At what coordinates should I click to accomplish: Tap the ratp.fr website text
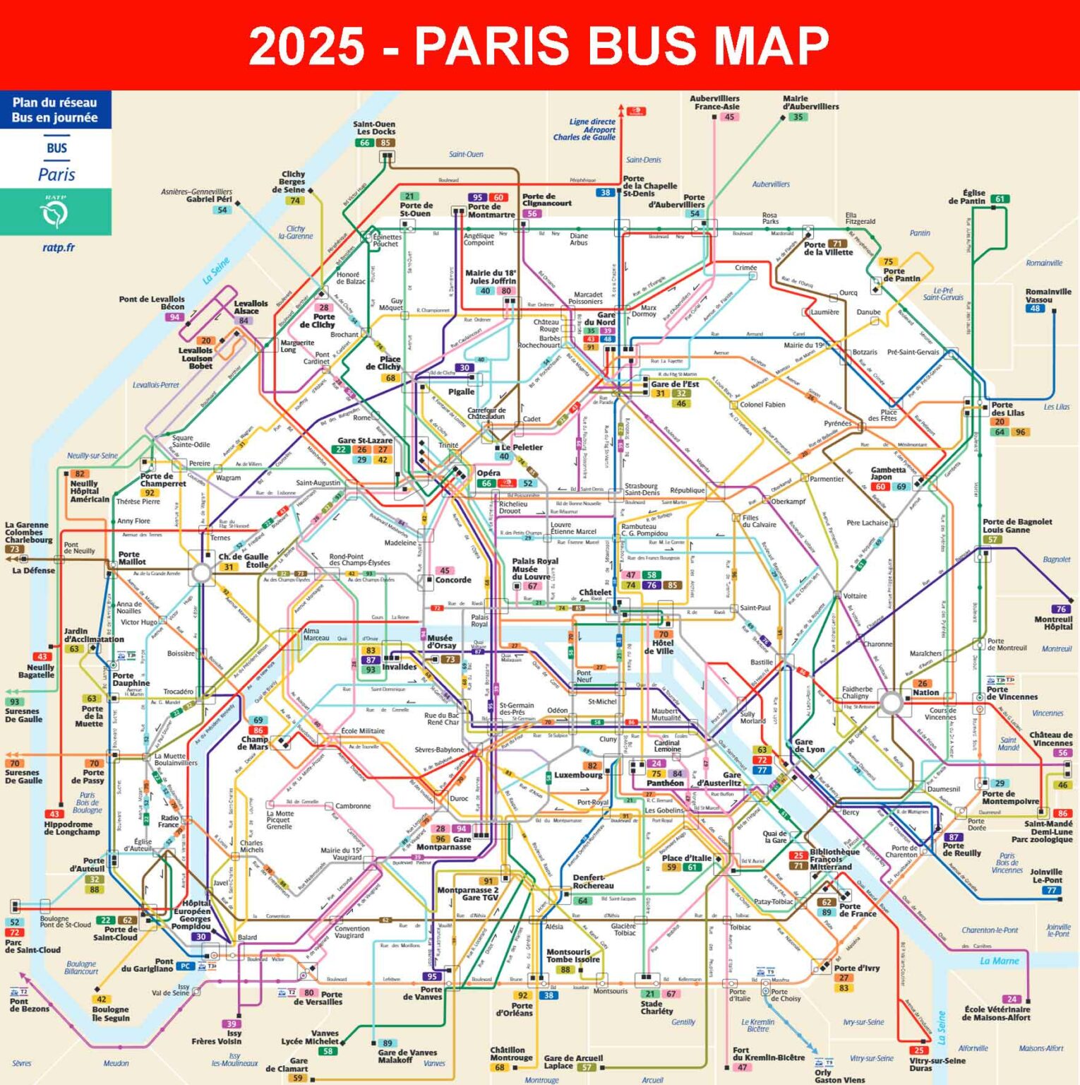58,247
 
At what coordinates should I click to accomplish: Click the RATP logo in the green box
55,212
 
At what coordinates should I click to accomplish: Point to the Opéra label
488,473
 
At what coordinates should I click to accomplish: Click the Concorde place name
453,580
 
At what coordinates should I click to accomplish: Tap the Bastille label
762,663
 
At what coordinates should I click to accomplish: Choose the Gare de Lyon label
809,746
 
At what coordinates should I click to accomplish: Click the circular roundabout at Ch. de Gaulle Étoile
202,573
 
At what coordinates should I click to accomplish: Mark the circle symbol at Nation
892,702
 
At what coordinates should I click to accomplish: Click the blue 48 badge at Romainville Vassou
1035,309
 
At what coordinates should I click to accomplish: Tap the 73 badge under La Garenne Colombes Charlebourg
14,550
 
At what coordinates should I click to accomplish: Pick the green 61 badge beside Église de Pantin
1000,199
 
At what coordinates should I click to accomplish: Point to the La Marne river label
999,961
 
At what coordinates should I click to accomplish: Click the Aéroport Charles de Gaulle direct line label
584,129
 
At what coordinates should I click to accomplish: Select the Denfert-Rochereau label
593,882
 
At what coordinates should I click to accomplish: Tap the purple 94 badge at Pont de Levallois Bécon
174,317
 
